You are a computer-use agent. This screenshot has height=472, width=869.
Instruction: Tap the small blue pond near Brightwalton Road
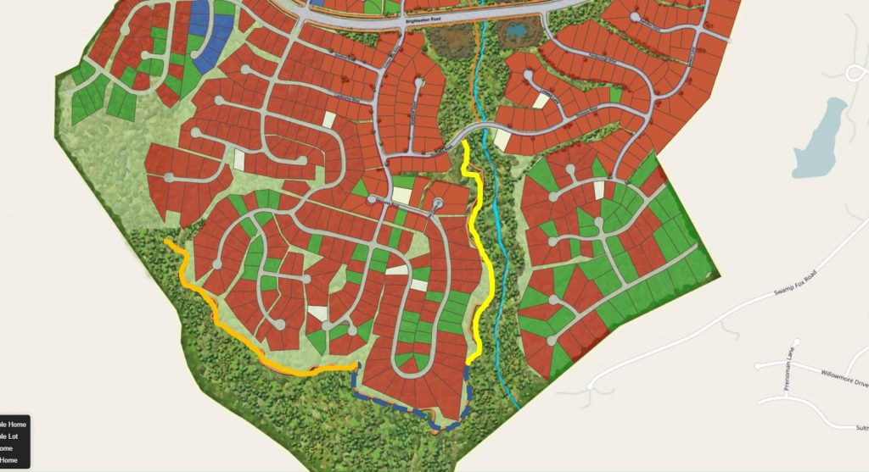click(x=515, y=32)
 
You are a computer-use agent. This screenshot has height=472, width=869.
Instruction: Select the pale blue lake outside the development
click(x=820, y=136)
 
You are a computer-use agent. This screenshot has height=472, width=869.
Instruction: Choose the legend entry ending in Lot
click(x=14, y=436)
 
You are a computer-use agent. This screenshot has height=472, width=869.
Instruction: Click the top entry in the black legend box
click(x=14, y=425)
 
